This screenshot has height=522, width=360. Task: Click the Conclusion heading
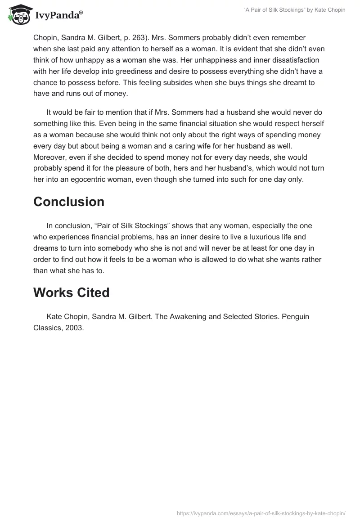point(69,202)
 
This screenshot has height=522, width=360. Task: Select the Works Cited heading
point(71,292)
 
